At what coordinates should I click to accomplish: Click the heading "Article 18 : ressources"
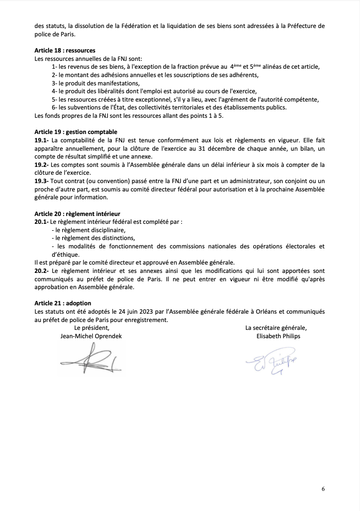[x=65, y=51]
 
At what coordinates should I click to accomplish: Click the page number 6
[x=323, y=488]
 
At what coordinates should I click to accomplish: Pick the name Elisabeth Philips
[x=278, y=336]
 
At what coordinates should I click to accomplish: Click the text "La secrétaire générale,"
[x=278, y=328]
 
